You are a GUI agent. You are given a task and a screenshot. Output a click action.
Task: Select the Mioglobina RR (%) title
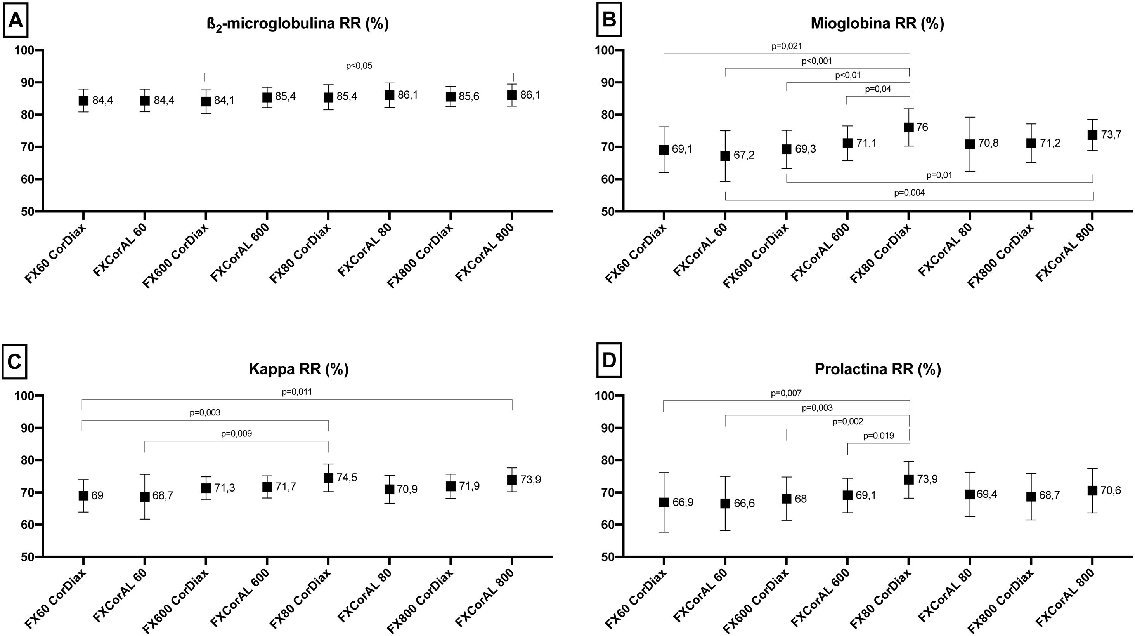(877, 24)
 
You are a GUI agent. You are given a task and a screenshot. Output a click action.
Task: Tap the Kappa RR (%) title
(298, 368)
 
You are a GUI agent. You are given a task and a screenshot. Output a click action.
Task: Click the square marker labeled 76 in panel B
(908, 127)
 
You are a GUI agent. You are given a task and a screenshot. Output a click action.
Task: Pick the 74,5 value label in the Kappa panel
(347, 477)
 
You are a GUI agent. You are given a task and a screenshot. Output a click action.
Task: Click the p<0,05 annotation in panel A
(359, 66)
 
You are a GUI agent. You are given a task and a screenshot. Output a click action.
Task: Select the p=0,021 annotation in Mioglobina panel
(787, 46)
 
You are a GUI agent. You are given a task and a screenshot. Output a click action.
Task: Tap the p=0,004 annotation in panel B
(909, 193)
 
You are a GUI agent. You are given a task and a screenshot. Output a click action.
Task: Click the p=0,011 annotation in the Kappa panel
(297, 392)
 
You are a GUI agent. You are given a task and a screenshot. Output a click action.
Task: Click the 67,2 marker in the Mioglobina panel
(725, 156)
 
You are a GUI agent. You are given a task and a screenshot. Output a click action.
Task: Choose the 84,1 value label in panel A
(224, 101)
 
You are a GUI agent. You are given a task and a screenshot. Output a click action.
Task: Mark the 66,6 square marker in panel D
(725, 503)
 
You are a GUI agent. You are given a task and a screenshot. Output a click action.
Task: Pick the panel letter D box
(609, 361)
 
